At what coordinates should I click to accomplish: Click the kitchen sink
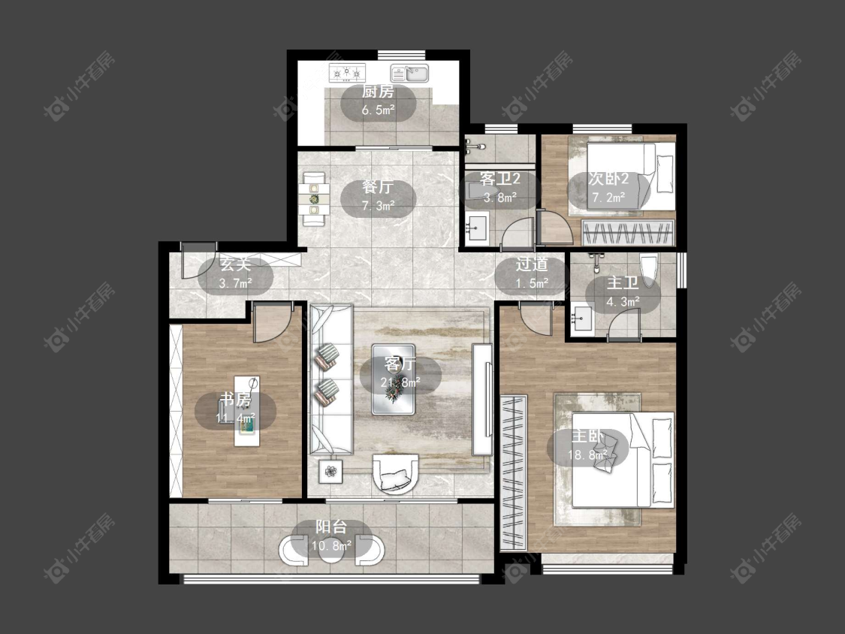(x=409, y=73)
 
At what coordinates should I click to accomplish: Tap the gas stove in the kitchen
(x=347, y=71)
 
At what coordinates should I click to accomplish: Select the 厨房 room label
(x=378, y=92)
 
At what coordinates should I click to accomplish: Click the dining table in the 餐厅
(x=314, y=200)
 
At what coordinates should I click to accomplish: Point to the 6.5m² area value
(x=378, y=110)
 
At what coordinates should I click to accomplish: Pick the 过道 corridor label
(x=531, y=264)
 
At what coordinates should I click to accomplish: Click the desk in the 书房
(x=247, y=412)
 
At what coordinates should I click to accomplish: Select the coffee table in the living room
(x=394, y=379)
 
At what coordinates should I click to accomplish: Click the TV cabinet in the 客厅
(x=482, y=399)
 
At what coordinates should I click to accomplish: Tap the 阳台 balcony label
(x=331, y=527)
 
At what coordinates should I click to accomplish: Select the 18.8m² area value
(x=587, y=455)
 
